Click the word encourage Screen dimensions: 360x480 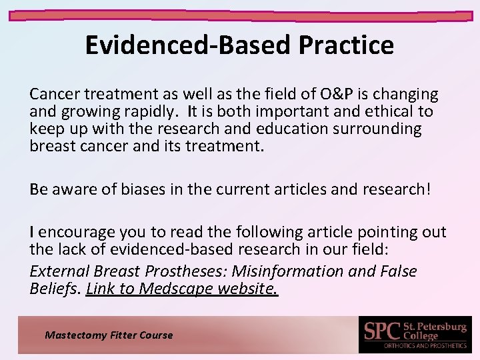point(77,232)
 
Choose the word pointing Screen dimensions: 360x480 point(378,232)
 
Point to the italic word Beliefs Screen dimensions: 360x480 point(55,288)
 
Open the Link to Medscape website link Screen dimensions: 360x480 point(182,288)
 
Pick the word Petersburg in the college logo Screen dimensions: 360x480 point(439,327)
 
